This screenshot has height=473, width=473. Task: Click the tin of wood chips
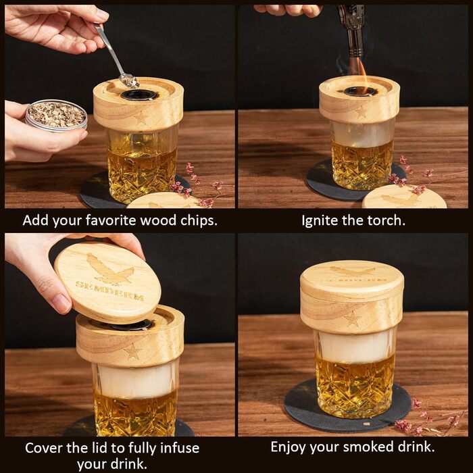[56, 116]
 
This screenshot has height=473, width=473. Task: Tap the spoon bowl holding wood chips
[129, 80]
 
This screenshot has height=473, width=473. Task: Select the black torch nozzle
[352, 30]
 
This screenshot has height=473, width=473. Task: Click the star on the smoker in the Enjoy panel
[352, 319]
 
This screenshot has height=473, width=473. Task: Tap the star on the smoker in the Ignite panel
[360, 112]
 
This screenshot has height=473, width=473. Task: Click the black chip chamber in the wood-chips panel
[139, 95]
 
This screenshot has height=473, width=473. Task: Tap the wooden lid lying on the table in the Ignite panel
[404, 197]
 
